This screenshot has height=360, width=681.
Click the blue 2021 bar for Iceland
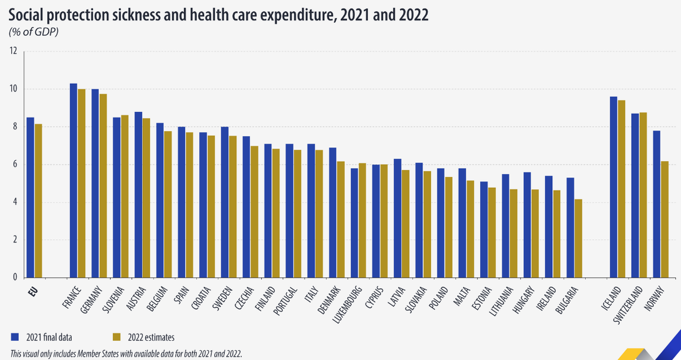(613, 187)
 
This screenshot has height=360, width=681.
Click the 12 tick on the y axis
(14, 51)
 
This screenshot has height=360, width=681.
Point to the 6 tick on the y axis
(15, 165)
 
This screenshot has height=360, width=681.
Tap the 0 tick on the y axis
(15, 278)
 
